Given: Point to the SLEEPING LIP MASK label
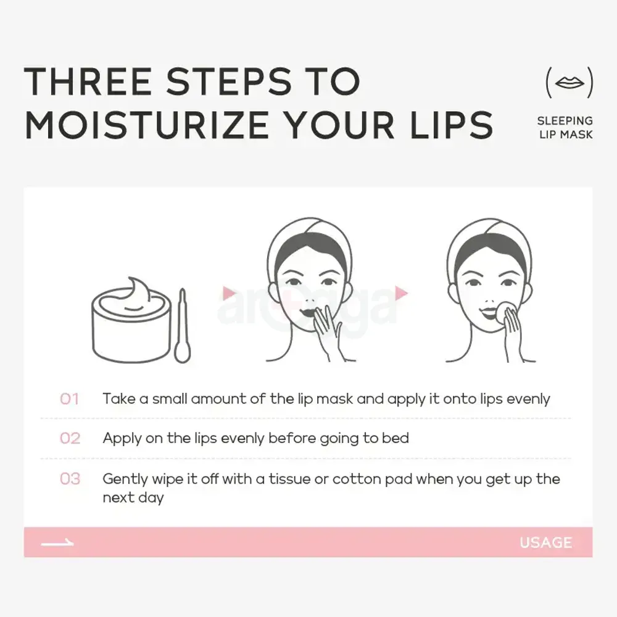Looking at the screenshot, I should coord(565,127).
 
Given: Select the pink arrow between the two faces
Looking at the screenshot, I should coord(402,292).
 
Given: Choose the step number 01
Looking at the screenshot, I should coord(70,399).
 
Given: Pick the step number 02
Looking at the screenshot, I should coord(70,439).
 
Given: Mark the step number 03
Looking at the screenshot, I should coord(70,479).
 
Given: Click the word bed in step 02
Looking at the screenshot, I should coord(395,439).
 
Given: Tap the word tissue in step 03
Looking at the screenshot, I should coord(290,479).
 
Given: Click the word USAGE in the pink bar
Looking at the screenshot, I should coord(545,543).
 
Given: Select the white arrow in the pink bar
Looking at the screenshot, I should coord(57,543).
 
